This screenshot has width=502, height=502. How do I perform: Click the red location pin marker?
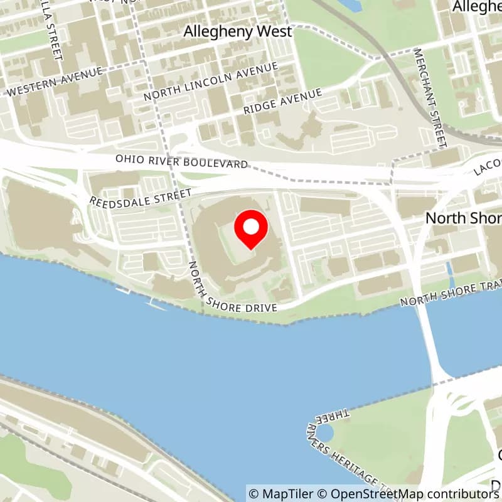(x=251, y=230)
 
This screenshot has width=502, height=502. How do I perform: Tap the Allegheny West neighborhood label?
(x=238, y=31)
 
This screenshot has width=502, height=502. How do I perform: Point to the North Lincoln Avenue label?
(x=210, y=82)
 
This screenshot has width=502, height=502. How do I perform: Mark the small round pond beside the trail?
(x=324, y=432)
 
